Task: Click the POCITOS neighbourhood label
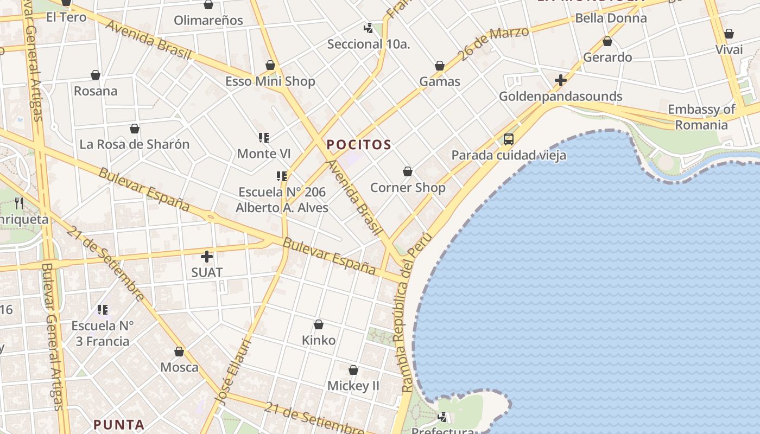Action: (359, 145)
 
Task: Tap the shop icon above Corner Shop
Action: (408, 172)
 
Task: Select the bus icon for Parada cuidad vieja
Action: (509, 139)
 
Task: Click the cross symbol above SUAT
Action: (207, 257)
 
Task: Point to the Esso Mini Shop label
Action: (270, 81)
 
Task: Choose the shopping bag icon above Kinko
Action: (319, 325)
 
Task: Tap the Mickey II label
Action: (353, 386)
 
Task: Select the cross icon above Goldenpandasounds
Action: (560, 81)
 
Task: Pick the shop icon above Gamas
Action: (440, 66)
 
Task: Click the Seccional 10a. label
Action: (369, 44)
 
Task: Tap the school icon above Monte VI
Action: (264, 138)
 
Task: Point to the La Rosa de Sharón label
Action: (135, 144)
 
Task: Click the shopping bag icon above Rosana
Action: (96, 75)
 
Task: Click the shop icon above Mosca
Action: (179, 352)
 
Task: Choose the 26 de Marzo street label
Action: (493, 42)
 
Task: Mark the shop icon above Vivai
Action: (729, 34)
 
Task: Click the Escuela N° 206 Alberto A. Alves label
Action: (282, 200)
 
